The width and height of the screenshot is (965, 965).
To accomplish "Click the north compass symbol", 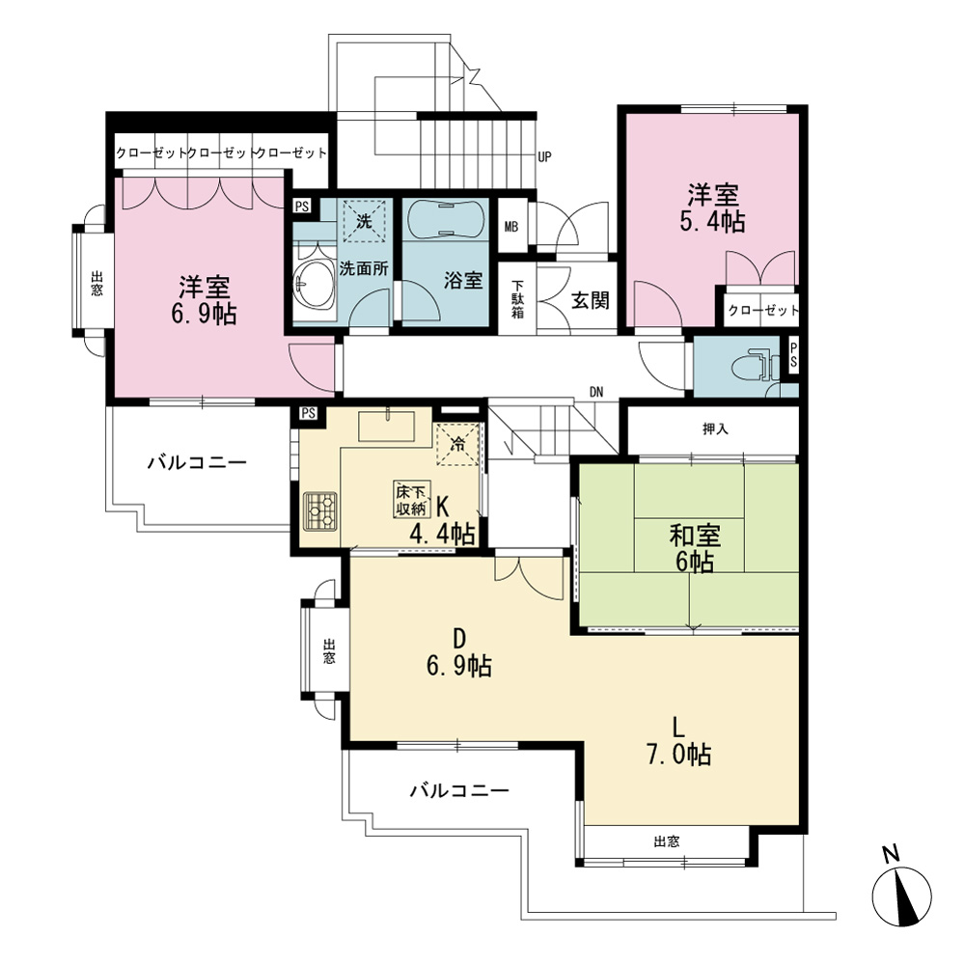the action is click(901, 896).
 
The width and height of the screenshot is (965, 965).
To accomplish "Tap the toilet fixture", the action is click(752, 367).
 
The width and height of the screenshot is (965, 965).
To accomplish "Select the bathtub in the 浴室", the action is click(445, 220).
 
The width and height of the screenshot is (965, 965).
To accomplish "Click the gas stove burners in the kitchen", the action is click(320, 510).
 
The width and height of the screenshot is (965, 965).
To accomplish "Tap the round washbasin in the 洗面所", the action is click(314, 284).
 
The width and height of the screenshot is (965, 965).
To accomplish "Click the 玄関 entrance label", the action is click(590, 300).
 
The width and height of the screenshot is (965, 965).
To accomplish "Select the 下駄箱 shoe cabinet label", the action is click(517, 300).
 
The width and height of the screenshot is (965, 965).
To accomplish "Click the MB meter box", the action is click(511, 227).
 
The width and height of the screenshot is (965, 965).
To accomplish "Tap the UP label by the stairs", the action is click(544, 157).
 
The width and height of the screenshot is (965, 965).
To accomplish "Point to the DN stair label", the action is click(595, 392).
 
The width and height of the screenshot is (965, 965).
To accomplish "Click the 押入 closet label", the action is click(715, 428).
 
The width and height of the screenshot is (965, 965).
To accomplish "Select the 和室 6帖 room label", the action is click(695, 548).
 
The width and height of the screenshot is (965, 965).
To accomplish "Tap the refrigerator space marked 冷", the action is click(457, 444).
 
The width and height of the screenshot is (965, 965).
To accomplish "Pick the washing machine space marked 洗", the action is click(364, 221).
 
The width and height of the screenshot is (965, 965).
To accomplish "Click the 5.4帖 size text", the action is click(712, 222).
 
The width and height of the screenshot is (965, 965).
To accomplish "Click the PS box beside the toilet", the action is click(792, 355).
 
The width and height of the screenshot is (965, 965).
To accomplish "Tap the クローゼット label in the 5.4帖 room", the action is click(762, 310).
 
